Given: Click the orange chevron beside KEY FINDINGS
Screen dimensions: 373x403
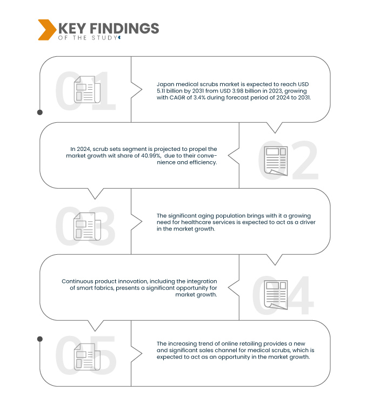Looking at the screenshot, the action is click(x=47, y=30).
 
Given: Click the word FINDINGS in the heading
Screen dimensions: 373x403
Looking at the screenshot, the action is click(x=124, y=28).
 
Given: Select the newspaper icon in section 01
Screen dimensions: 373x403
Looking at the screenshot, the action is click(x=87, y=89).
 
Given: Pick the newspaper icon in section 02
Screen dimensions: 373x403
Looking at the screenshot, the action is click(x=276, y=161).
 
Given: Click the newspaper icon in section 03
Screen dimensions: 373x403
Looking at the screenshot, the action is click(x=87, y=227).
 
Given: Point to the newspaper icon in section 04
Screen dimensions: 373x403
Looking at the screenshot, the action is click(x=276, y=295).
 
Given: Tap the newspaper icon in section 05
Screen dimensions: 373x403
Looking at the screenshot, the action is click(x=87, y=356).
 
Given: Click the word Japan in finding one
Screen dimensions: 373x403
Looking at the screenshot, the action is click(x=165, y=84).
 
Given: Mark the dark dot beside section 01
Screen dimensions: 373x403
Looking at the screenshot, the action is click(x=40, y=113).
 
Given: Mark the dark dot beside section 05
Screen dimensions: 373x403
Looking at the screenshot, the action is click(x=40, y=339).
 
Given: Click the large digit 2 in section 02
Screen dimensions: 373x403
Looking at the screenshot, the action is click(x=305, y=160).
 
